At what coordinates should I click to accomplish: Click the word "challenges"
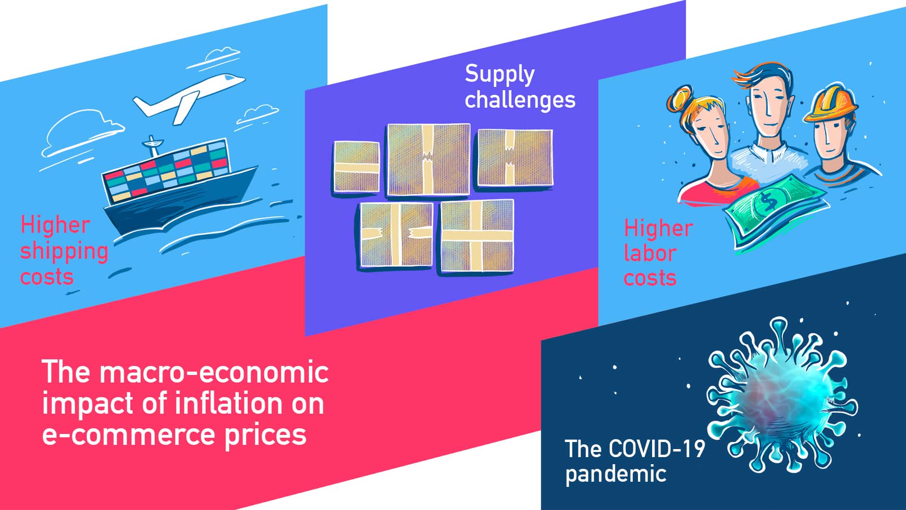click(x=520, y=100)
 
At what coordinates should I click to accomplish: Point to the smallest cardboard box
click(x=356, y=166)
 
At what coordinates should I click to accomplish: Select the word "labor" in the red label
click(x=649, y=254)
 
